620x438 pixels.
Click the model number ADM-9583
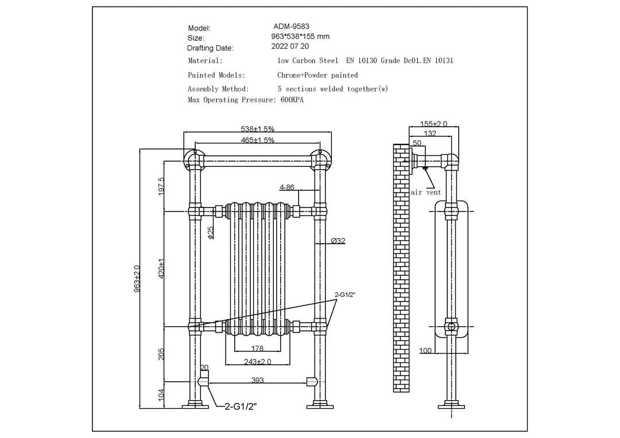pyautogui.click(x=290, y=26)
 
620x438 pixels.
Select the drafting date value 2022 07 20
pyautogui.click(x=290, y=46)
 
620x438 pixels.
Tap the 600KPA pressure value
pyautogui.click(x=292, y=100)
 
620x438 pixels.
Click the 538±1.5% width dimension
pyautogui.click(x=257, y=129)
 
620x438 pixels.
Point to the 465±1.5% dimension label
pyautogui.click(x=257, y=140)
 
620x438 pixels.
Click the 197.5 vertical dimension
pyautogui.click(x=161, y=186)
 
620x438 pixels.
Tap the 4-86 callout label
pyautogui.click(x=287, y=187)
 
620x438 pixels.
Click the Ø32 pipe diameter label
pyautogui.click(x=338, y=241)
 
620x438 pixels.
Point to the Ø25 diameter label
pyautogui.click(x=210, y=232)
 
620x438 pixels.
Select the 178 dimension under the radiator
pyautogui.click(x=258, y=348)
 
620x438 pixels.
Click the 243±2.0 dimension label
pyautogui.click(x=257, y=361)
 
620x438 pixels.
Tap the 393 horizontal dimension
pyautogui.click(x=258, y=379)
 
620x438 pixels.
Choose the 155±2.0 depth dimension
pyautogui.click(x=433, y=124)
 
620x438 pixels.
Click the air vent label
pyautogui.click(x=426, y=193)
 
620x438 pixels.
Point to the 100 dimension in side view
pyautogui.click(x=425, y=350)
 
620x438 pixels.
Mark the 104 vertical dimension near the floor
pyautogui.click(x=161, y=394)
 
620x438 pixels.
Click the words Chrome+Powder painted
pyautogui.click(x=317, y=75)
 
